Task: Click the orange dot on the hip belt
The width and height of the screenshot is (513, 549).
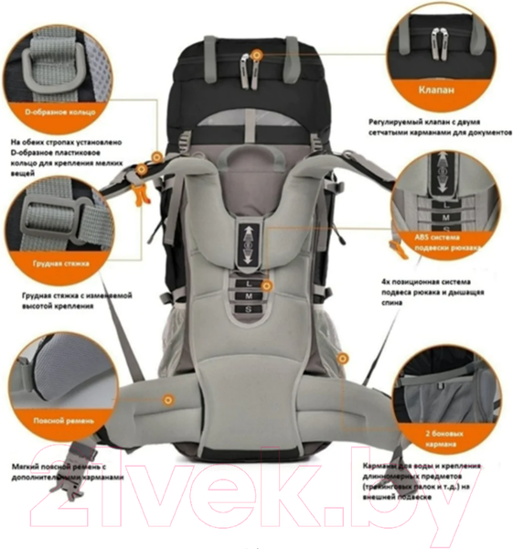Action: point(168,399)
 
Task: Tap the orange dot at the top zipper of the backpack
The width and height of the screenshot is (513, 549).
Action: point(257,54)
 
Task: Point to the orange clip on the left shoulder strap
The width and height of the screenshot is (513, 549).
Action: point(138,192)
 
